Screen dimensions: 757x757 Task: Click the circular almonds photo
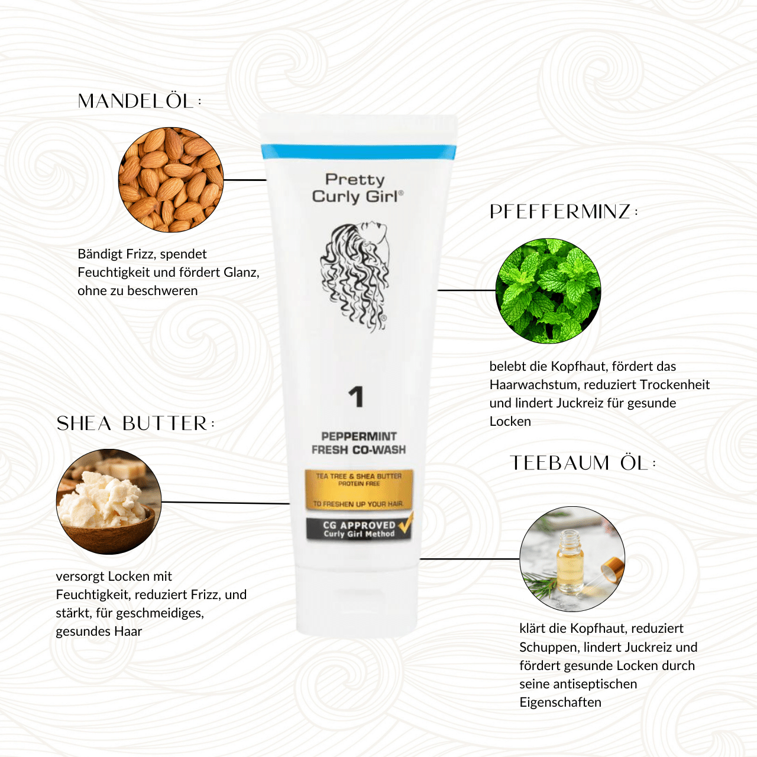point(171,180)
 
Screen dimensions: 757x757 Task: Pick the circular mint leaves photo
point(548,291)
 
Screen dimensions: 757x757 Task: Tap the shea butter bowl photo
point(109,502)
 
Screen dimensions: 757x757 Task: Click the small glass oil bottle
point(570,561)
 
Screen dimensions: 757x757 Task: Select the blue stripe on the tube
point(358,151)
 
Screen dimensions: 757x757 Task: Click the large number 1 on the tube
point(356,397)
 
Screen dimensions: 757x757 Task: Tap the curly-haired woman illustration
point(355,277)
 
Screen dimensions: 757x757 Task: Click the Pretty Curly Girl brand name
point(357,188)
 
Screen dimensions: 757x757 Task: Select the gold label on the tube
point(359,490)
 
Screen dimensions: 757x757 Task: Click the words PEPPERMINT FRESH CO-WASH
point(358,443)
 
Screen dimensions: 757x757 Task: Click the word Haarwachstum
point(534,385)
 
